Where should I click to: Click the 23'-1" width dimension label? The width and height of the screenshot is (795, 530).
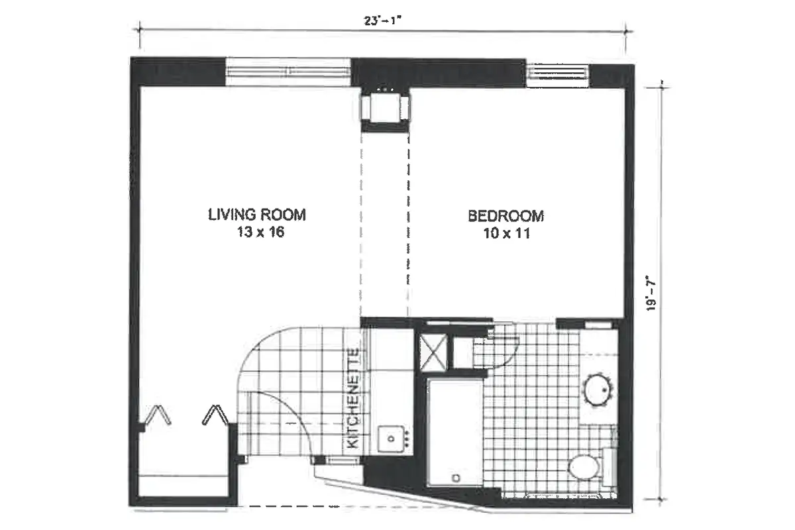[384, 20]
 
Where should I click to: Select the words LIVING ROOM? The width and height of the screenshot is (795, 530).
[257, 215]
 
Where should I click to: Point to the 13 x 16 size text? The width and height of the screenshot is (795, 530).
[257, 233]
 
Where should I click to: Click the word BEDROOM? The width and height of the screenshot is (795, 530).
[506, 215]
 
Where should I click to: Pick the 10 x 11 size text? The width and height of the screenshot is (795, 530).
[506, 233]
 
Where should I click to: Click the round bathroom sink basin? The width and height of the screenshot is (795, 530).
[599, 390]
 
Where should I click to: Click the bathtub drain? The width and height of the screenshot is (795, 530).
[455, 478]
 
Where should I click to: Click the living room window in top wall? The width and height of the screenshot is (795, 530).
[288, 71]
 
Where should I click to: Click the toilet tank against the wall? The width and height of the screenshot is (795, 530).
[610, 467]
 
